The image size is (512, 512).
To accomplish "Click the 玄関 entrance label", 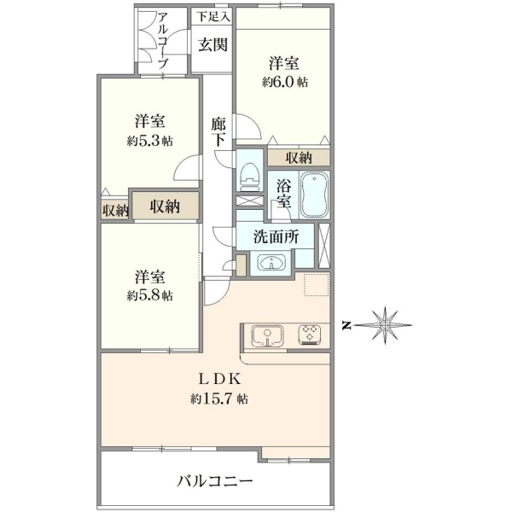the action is (213, 44).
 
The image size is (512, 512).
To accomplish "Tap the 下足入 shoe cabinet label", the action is (213, 17).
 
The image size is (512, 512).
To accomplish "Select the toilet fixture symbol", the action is (249, 176).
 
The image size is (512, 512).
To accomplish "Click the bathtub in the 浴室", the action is (314, 195).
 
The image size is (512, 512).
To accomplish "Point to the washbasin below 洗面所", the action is (271, 262).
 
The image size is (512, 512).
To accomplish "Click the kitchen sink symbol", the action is (267, 336).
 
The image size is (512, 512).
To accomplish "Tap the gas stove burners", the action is (310, 334).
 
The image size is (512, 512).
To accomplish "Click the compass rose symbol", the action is (386, 325).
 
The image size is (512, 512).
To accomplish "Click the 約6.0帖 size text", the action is (285, 82).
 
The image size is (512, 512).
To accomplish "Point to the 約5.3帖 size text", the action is (150, 141).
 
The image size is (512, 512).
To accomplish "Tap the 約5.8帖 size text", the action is (150, 295).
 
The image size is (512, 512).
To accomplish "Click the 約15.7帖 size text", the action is (219, 399).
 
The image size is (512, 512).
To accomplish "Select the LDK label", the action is (220, 380).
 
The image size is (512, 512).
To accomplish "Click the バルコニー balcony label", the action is (215, 481).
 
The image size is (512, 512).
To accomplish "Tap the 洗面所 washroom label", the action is (276, 237).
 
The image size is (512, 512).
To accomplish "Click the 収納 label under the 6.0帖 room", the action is (299, 158).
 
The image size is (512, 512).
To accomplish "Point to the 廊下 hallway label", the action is (218, 132).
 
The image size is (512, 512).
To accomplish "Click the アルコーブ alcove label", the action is (163, 40).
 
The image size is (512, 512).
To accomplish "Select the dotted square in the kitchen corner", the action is (316, 285).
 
